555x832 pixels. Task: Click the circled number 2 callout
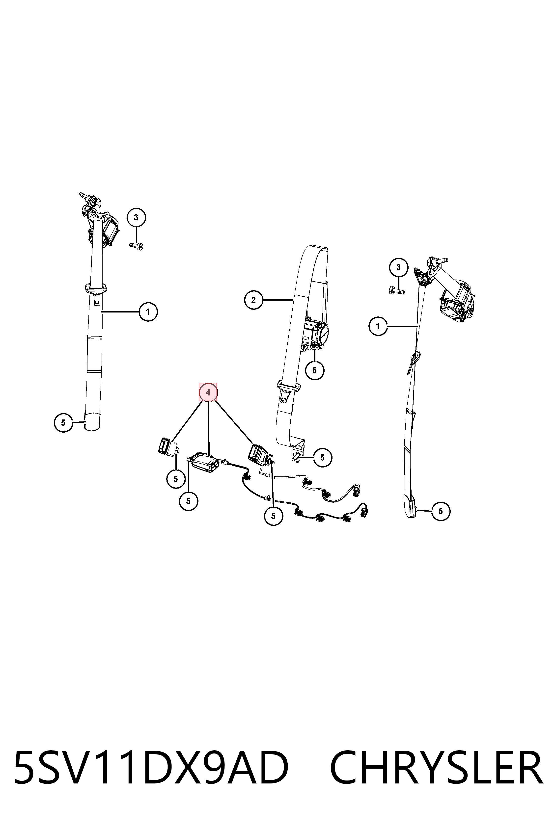pos(253,300)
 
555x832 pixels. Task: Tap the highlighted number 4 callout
pos(208,392)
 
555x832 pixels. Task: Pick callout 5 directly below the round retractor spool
pos(314,370)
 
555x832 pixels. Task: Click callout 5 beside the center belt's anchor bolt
pos(322,457)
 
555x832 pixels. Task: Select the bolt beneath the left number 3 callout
pos(136,245)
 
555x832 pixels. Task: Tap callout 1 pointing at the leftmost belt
pos(148,312)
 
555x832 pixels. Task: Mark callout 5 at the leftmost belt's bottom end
pos(63,422)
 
